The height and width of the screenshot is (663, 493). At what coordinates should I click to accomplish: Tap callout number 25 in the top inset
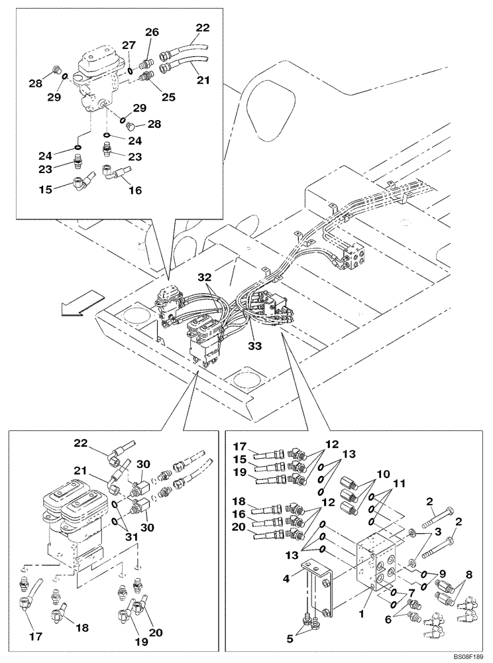click(x=168, y=97)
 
